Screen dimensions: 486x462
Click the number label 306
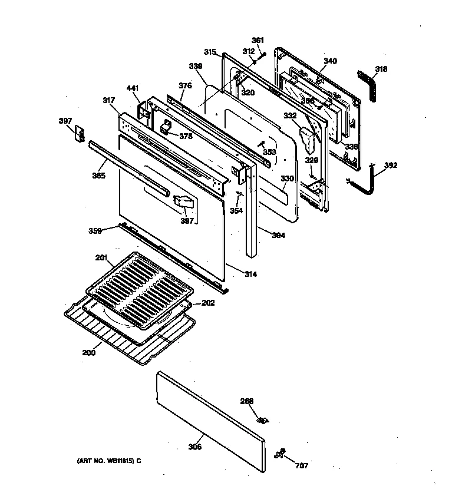tap(195, 447)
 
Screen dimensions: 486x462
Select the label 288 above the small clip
tap(246, 402)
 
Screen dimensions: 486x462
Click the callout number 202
tap(208, 303)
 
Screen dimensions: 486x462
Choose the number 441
tap(133, 88)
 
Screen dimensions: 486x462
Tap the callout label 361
tap(258, 40)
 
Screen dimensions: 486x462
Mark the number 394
tap(279, 236)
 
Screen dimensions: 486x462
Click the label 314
tap(250, 275)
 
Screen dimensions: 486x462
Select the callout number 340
tap(331, 61)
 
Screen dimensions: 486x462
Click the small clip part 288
tap(263, 420)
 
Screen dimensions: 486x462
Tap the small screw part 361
tap(263, 55)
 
